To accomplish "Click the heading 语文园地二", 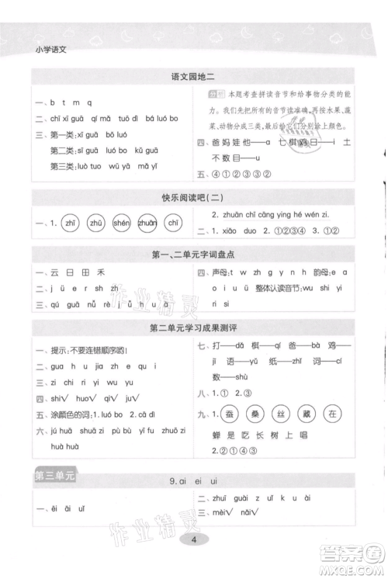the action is pos(192,76).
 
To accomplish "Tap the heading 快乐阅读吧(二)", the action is pos(192,196).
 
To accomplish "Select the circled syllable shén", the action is pos(122,223).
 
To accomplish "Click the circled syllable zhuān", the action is pos(147,223).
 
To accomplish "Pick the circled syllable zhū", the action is pos(96,223).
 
